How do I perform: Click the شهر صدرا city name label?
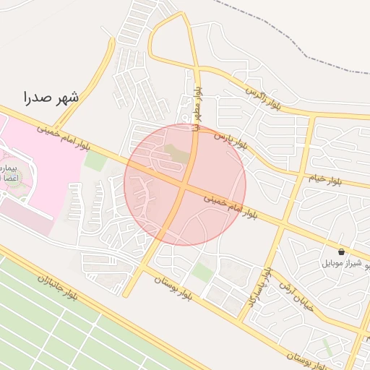coord(51,97)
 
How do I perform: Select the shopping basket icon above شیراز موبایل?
coord(341,252)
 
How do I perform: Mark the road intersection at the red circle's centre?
coord(185,185)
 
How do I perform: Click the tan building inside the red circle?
coord(176,152)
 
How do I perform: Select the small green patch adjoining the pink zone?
coord(95,160)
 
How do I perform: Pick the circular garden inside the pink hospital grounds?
coord(12,178)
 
